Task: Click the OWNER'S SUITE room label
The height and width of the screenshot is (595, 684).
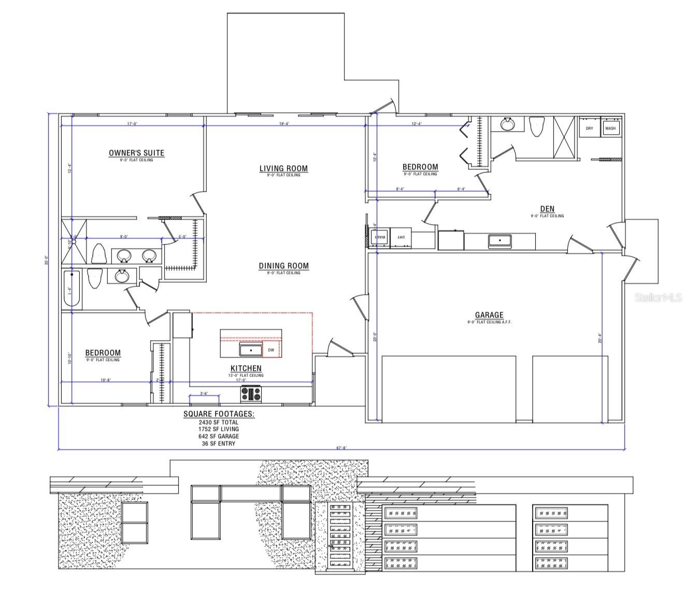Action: [x=136, y=153]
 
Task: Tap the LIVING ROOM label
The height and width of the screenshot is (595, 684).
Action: [x=283, y=168]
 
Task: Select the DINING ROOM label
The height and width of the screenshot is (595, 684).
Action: [x=283, y=266]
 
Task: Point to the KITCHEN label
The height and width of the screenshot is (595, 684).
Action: [x=246, y=368]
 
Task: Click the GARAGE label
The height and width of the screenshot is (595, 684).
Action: [x=489, y=315]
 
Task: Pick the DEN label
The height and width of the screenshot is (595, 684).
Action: [x=547, y=209]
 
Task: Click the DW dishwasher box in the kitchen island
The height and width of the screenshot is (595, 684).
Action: [x=271, y=351]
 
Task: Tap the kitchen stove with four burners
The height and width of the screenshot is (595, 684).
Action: [x=251, y=394]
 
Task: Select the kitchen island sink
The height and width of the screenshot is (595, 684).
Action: [x=251, y=351]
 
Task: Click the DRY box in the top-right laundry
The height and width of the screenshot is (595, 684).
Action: [x=589, y=128]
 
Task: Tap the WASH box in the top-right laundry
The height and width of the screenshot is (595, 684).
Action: [x=610, y=128]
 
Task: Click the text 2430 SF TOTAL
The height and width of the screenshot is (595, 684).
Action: [x=219, y=422]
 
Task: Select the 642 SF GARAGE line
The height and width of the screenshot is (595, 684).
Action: [x=219, y=437]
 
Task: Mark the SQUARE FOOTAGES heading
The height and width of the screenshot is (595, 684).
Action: [x=219, y=414]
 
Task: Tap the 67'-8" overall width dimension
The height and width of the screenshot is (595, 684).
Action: [x=341, y=448]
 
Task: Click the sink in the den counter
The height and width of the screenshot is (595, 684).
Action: [x=500, y=241]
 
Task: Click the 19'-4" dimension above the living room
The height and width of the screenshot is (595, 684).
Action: [x=285, y=124]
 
